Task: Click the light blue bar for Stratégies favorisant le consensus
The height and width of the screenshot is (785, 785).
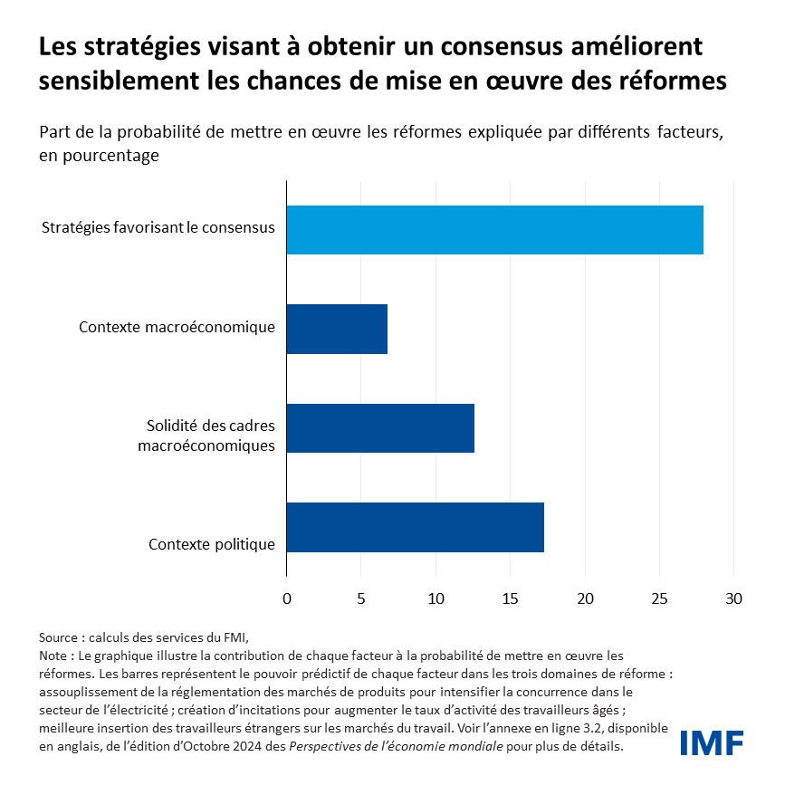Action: tap(494, 229)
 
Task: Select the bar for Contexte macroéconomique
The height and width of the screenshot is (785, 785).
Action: tap(337, 328)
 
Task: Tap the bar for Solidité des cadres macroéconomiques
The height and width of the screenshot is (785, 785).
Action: tap(380, 427)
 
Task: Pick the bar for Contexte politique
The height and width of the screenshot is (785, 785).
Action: tap(415, 526)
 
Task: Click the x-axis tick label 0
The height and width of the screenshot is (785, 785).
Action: tap(287, 598)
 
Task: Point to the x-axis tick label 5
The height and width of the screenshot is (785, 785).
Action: tap(361, 598)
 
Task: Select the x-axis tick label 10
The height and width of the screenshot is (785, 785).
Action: tap(436, 598)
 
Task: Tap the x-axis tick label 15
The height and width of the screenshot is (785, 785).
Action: tap(511, 598)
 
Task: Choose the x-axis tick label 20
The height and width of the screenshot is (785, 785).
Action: tap(585, 598)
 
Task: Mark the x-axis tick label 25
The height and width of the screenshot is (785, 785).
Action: tap(659, 598)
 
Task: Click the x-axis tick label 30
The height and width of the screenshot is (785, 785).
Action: tap(733, 598)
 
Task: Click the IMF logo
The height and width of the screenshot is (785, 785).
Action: tap(712, 743)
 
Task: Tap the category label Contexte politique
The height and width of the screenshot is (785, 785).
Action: tap(211, 544)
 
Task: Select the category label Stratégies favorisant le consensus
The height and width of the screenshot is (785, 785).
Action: tap(158, 227)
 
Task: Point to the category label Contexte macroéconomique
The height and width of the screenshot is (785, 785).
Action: tap(177, 326)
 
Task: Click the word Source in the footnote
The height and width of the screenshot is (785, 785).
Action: tap(59, 637)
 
